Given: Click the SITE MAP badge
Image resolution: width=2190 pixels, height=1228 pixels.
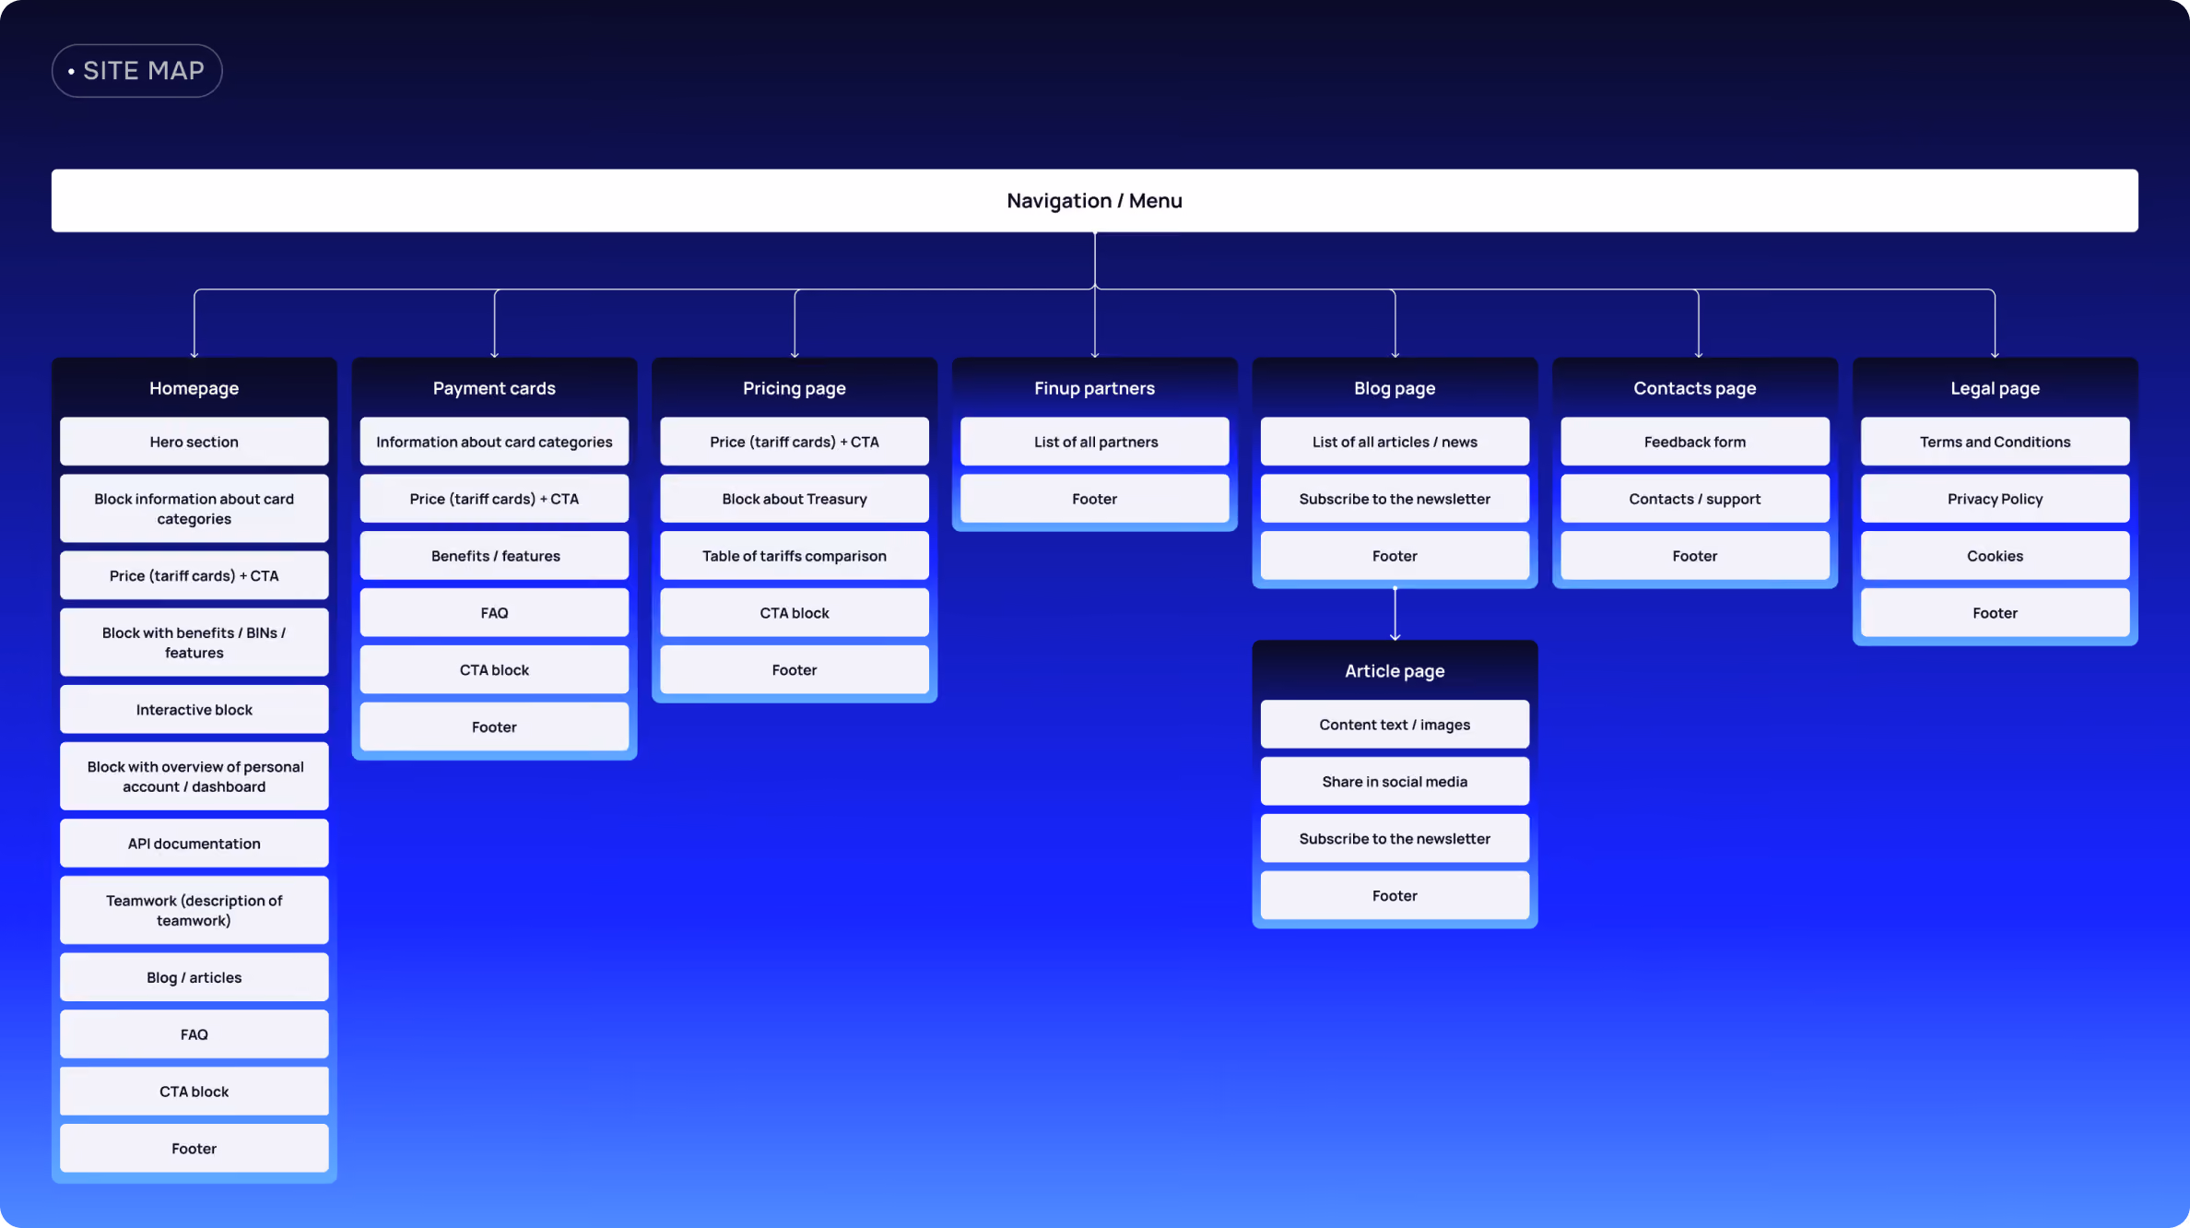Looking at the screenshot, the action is (136, 71).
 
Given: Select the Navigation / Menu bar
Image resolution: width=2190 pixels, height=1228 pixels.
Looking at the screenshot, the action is (1094, 200).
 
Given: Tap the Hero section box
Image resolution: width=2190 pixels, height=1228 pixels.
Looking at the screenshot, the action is (194, 442).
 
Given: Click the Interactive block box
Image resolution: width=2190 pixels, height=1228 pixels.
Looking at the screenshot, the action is (194, 710).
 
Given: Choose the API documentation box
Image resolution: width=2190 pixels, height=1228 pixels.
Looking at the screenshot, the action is (194, 844).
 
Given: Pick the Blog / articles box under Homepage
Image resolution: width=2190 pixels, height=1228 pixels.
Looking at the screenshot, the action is (194, 977).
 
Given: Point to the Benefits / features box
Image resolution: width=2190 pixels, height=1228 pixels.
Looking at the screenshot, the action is (494, 556).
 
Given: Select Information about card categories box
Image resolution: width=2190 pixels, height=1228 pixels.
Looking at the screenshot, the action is (494, 442).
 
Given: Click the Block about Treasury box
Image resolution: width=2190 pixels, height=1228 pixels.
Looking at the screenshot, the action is (795, 499).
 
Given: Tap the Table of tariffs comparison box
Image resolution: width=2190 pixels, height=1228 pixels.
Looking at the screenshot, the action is (795, 556).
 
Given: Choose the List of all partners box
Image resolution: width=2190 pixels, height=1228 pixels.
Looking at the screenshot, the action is (1094, 442).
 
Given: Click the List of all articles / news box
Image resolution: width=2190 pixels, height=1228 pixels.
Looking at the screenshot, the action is (1395, 442).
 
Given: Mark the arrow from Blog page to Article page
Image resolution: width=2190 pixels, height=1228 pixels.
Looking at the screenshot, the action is (1395, 613).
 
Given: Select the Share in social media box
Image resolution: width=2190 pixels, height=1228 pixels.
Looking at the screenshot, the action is (1395, 782).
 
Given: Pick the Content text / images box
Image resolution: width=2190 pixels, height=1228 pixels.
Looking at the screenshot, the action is (1395, 725).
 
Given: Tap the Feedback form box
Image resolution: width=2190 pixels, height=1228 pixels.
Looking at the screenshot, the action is (1695, 442).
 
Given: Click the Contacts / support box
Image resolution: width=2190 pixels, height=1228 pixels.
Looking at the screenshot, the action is (1695, 499).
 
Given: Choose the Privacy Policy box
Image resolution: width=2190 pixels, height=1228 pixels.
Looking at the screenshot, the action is (1995, 499).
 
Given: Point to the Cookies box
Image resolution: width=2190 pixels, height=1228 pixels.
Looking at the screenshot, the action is (1995, 556).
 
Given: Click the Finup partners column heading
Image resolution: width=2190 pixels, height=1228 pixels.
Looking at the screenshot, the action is (1094, 388).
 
